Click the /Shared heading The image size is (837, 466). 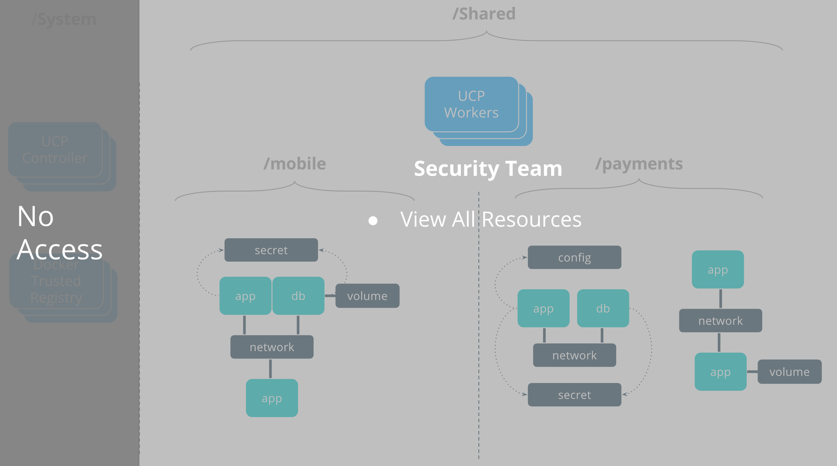tap(484, 14)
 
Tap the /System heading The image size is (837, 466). tap(64, 20)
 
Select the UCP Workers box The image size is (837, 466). tap(471, 104)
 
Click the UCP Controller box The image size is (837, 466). tap(55, 150)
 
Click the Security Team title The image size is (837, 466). tap(488, 168)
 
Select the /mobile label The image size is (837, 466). tap(295, 164)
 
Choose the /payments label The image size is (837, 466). tap(639, 164)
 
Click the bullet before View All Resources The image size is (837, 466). tap(373, 221)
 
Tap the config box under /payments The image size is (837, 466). tap(574, 258)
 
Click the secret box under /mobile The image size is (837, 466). tap(271, 250)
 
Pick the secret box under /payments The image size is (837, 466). tap(574, 395)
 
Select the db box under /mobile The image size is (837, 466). tap(298, 296)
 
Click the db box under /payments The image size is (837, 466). tap(603, 308)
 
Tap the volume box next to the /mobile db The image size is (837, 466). tap(367, 296)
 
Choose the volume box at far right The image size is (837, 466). tap(789, 371)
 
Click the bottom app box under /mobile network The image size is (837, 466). tap(272, 398)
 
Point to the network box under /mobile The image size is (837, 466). tap(272, 347)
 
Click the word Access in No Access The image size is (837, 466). tap(60, 249)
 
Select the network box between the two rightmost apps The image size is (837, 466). tap(720, 321)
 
